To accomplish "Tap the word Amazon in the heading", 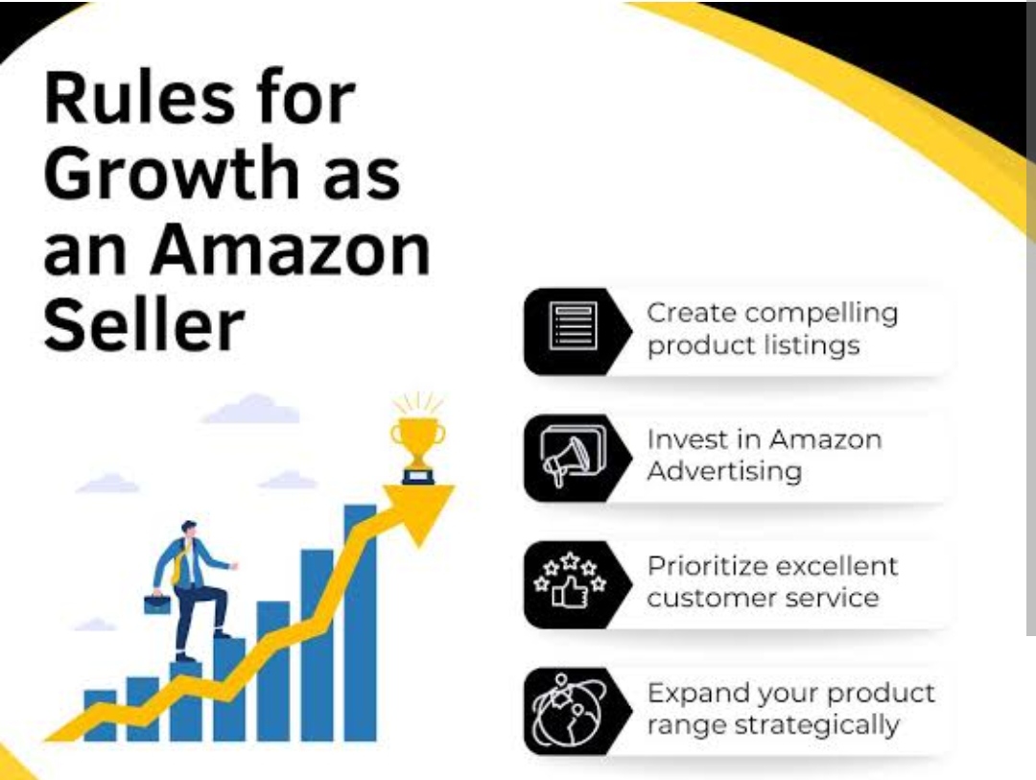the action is coord(290,249).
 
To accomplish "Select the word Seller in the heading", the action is coord(144,325).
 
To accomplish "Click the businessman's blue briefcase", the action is coord(157,603).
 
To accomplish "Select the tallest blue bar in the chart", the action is coord(360,623).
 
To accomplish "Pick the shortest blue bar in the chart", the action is coord(100,715).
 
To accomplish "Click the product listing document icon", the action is coord(573,326).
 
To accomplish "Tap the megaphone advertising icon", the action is coord(572,455).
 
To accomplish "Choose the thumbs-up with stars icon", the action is coord(570,580).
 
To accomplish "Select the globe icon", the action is coord(568,710).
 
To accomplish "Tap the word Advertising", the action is coord(724,471).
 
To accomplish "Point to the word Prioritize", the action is coord(706,567).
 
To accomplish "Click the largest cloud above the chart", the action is coord(251,409).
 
